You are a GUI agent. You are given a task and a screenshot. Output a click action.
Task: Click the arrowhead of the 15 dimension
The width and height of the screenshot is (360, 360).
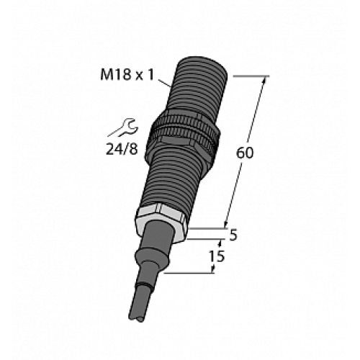212,267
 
